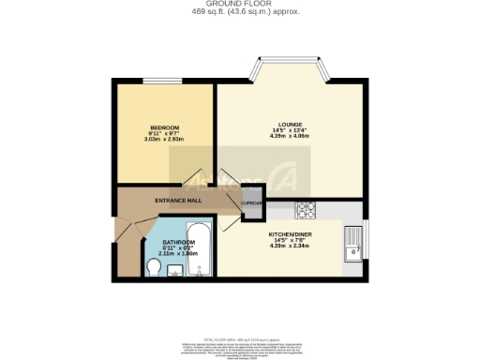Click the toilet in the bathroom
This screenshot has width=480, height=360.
[x=154, y=269]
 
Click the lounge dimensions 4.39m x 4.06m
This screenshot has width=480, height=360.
[x=288, y=136]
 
